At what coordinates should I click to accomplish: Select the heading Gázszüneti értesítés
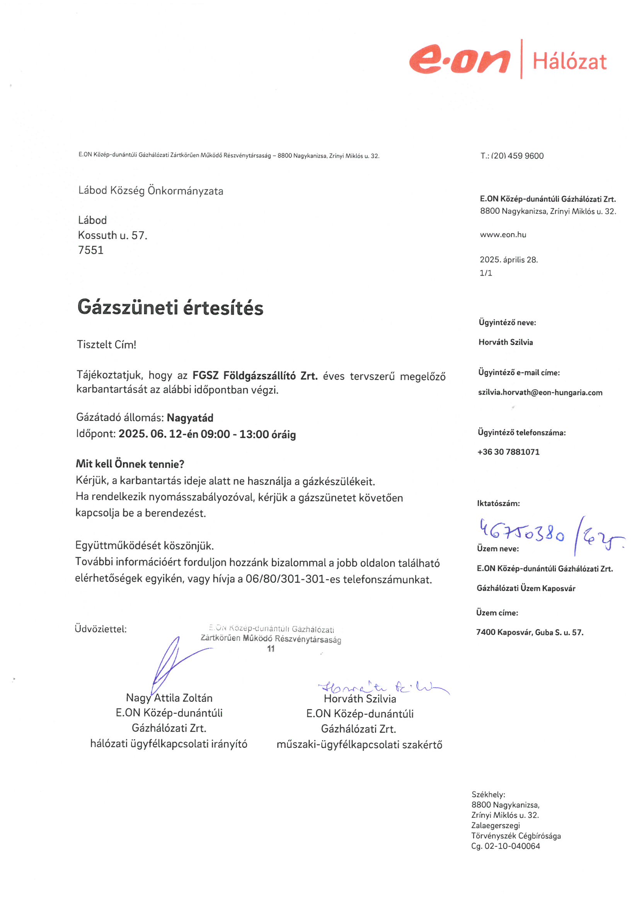coord(170,307)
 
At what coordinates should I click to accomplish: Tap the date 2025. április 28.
coord(508,260)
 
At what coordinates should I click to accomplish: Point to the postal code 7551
coord(90,251)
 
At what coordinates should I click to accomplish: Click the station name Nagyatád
coord(190,418)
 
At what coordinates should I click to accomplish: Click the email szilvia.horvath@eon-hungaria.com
coord(540,392)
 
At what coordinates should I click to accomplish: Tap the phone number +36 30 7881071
coord(508,452)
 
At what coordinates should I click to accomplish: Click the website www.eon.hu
coord(503,235)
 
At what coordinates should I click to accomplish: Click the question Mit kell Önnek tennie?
coord(130,464)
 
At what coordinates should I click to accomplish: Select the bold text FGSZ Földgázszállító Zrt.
coord(255,375)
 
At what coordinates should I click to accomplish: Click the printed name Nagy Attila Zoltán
coord(169,698)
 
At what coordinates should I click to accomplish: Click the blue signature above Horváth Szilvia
coord(382,687)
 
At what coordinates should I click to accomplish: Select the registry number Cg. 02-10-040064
coord(506,846)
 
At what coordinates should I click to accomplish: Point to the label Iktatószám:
coord(498,503)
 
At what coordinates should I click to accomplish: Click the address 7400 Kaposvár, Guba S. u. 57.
coord(530,632)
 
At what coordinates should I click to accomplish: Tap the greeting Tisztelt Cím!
coord(106,345)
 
